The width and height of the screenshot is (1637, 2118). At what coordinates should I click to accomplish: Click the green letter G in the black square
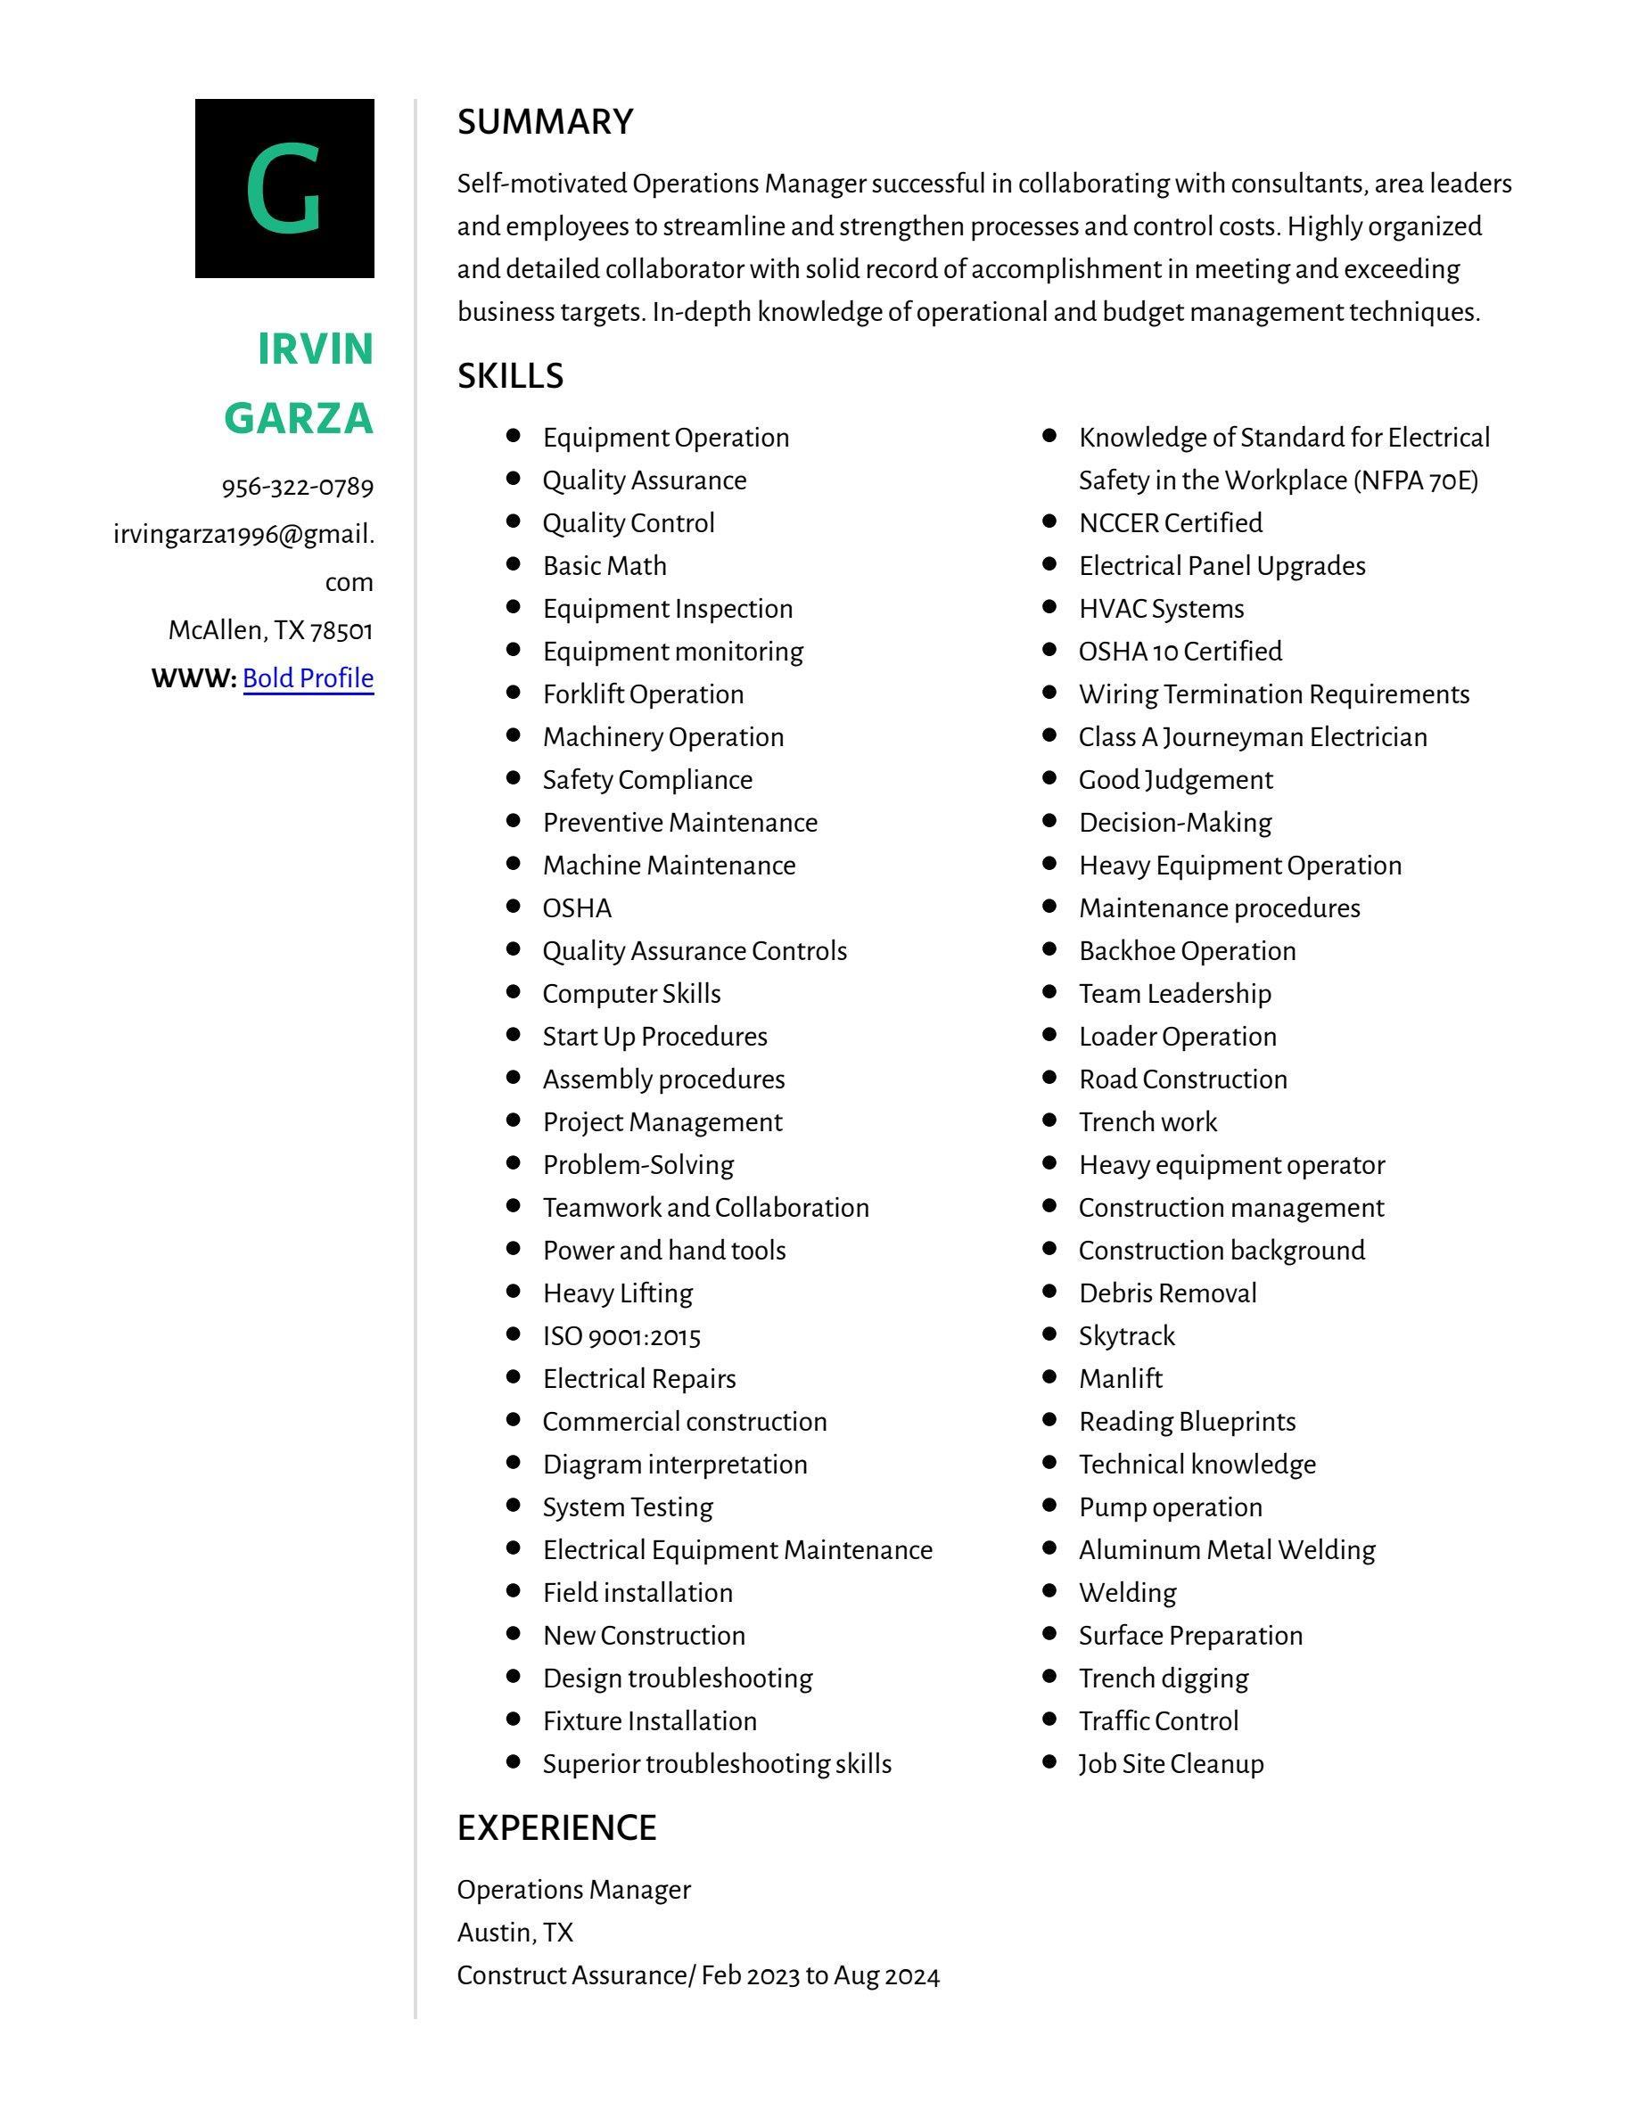coord(284,188)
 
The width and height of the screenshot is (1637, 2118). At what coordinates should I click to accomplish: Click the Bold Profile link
coord(308,677)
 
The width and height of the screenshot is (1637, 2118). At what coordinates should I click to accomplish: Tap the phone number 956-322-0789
coord(297,487)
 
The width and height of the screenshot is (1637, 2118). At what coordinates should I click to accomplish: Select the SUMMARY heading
coord(545,122)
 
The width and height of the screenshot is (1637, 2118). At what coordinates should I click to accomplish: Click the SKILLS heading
coord(510,376)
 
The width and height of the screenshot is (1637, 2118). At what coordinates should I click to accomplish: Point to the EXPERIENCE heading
coord(556,1828)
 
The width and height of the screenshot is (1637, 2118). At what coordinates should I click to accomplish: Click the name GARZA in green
coord(299,418)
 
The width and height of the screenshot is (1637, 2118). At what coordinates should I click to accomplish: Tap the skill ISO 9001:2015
coord(621,1336)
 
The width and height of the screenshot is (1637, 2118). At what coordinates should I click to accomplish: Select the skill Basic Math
coord(605,566)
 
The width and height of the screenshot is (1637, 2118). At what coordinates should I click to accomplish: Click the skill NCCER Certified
coord(1170,523)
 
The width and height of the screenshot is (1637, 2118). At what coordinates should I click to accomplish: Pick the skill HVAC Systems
coord(1161,609)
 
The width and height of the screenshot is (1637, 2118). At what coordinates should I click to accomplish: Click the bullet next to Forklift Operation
coord(514,694)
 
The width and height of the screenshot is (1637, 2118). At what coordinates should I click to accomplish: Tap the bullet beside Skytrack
coord(1049,1334)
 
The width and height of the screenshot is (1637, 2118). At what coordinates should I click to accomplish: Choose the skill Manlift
coord(1120,1379)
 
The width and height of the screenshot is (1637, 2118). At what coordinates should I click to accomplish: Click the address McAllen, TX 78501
coord(270,630)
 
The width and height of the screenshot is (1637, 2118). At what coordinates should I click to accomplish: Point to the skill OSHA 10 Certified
coord(1180,652)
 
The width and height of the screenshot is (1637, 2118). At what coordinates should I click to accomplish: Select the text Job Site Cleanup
coord(1171,1764)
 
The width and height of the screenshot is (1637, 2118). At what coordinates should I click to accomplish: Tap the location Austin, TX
coord(515,1933)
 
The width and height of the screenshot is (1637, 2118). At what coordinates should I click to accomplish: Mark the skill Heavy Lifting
coord(618,1293)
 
